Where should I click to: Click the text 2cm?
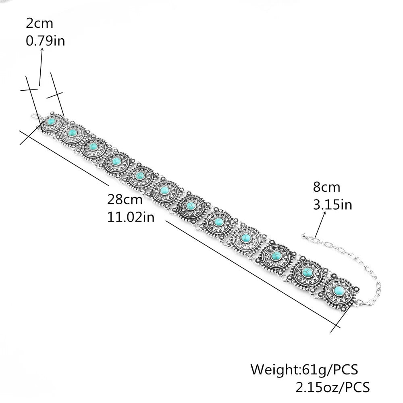point(39,23)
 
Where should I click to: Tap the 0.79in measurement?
point(45,41)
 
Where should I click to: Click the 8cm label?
point(326,187)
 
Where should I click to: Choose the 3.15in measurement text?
point(332,205)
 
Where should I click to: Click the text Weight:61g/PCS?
point(304,369)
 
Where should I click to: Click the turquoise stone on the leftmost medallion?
point(51,120)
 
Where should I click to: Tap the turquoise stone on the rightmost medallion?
point(338,290)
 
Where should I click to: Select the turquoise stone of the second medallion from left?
point(73,132)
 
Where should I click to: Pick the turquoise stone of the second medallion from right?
point(307,272)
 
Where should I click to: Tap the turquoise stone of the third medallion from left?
point(93,147)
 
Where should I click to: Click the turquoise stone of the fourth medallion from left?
point(116,161)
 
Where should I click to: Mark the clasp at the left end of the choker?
point(34,116)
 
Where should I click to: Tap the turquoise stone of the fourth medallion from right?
point(246,239)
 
